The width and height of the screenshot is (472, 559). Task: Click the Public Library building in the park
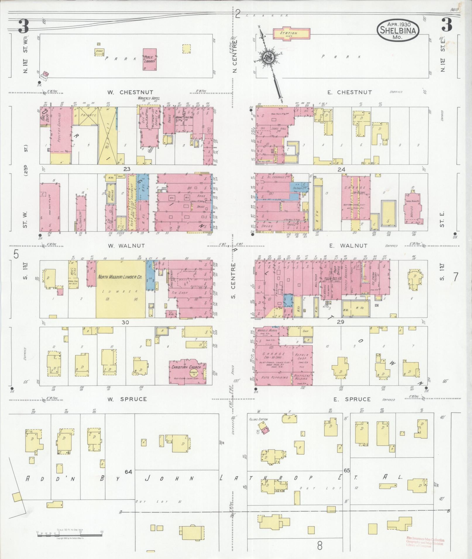(150, 59)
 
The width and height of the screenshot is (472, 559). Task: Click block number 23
(126, 169)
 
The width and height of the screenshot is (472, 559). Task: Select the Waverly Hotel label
(149, 98)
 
